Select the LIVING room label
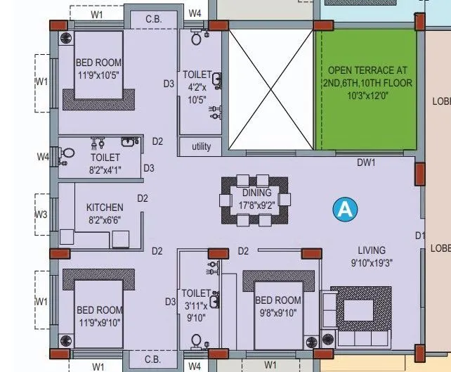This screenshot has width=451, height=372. (371, 250)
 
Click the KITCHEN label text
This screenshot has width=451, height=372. (105, 207)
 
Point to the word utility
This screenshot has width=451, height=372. (201, 146)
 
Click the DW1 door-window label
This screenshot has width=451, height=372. (366, 162)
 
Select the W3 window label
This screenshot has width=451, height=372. (41, 214)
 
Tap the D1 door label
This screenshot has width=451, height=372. (420, 235)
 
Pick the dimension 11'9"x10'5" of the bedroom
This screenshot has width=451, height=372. (98, 75)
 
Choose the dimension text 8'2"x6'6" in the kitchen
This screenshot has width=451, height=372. (105, 219)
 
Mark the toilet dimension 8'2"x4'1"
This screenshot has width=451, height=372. (105, 169)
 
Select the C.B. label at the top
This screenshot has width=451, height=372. (153, 19)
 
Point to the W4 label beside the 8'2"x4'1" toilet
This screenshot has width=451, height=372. (41, 156)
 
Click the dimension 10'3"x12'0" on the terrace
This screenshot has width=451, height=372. (366, 95)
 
